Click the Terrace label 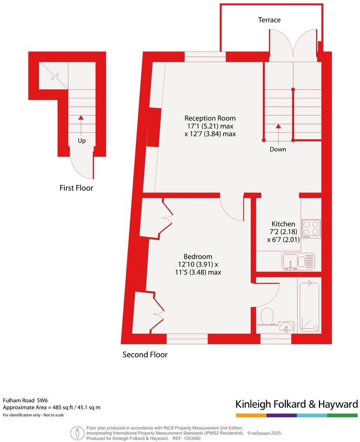(269, 20)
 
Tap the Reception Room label (210, 118)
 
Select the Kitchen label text (283, 224)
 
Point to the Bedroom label (195, 256)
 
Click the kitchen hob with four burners (311, 229)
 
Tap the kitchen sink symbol (298, 261)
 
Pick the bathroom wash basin (285, 328)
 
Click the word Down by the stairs (278, 149)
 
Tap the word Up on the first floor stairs (82, 141)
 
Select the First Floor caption (76, 188)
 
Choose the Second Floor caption (145, 354)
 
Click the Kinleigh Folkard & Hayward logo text (296, 404)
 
